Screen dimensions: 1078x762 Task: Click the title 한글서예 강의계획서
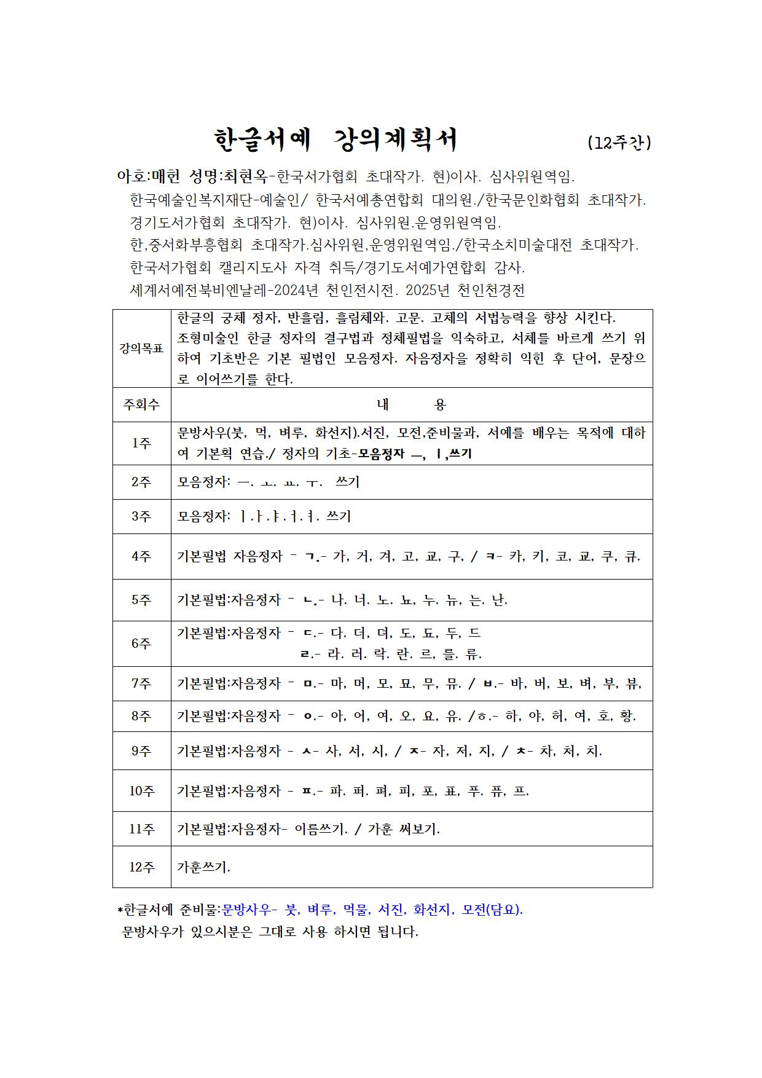[336, 141]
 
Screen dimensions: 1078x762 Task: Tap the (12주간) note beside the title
[619, 143]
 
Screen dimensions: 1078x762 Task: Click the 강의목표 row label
[141, 348]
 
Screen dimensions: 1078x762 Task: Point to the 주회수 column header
[141, 404]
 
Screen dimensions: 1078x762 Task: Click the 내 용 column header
[411, 404]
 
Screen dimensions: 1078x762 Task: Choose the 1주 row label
[141, 443]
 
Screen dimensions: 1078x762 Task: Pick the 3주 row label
[141, 516]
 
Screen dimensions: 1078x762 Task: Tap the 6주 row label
[141, 643]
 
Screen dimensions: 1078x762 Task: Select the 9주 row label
[141, 750]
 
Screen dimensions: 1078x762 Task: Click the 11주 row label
[141, 828]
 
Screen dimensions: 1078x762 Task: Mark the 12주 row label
[141, 867]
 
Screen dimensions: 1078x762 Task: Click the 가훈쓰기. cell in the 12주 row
[203, 867]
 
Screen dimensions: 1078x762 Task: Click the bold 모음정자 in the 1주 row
[382, 455]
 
